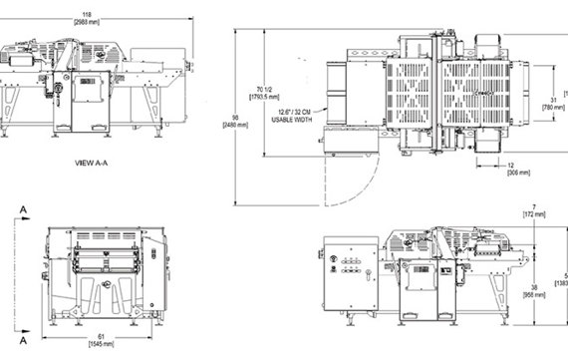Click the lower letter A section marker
click(20, 335)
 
